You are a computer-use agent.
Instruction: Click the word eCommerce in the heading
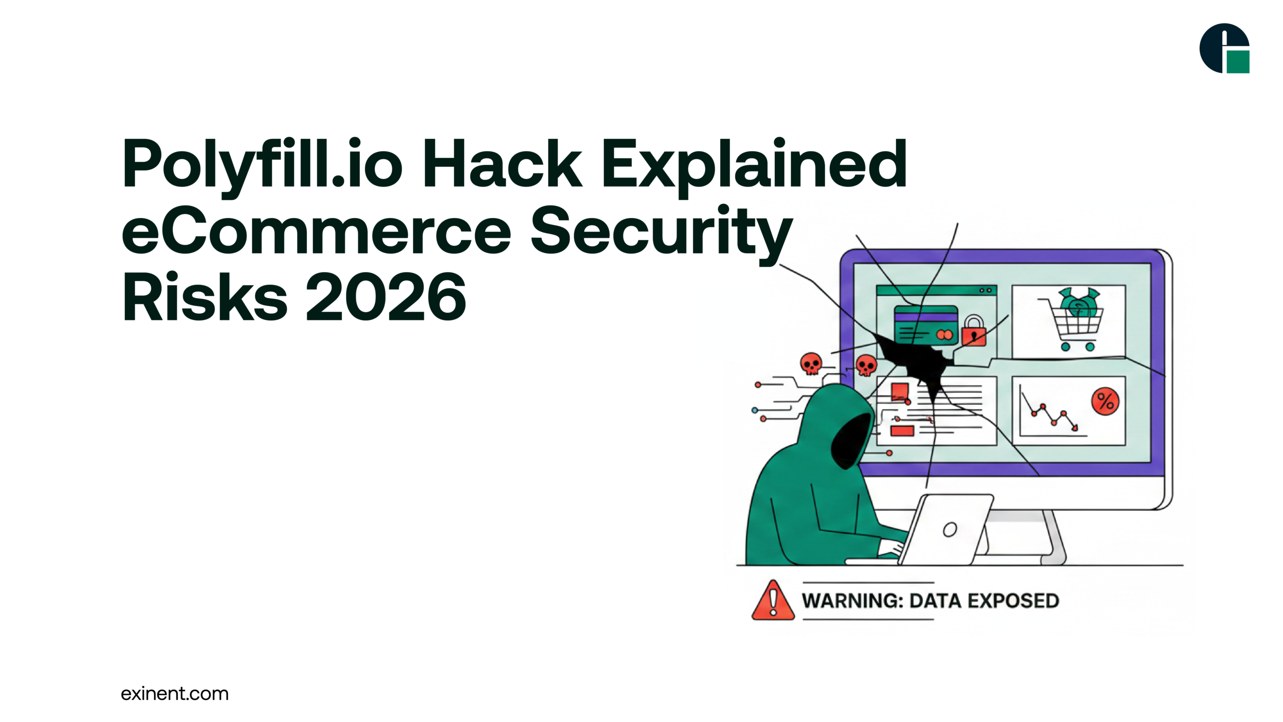click(316, 231)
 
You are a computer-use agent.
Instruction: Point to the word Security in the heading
click(662, 231)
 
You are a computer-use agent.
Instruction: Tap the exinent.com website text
click(174, 694)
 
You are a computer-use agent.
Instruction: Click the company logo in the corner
click(1224, 48)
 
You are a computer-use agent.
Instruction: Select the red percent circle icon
click(1105, 401)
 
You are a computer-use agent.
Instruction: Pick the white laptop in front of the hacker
click(947, 529)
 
